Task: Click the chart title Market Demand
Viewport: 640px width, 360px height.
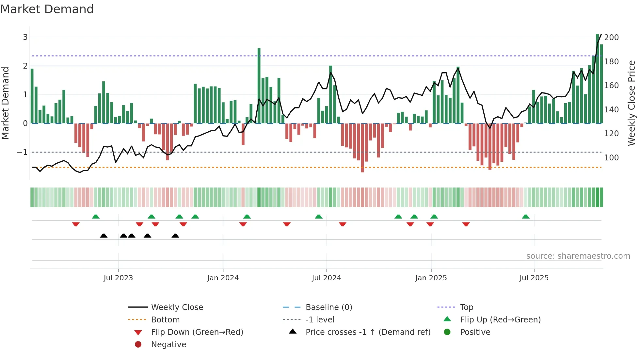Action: [47, 9]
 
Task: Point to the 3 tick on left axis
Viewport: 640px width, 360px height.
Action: [25, 37]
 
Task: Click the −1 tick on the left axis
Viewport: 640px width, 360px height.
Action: [22, 152]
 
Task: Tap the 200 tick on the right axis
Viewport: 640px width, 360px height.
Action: [611, 38]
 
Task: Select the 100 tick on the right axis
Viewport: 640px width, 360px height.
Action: [611, 158]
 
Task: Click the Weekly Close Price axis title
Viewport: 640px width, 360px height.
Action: [632, 103]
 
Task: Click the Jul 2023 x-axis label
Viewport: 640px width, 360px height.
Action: [118, 278]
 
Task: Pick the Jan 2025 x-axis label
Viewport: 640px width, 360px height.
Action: [431, 278]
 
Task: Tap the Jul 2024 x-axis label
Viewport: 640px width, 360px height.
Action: [326, 278]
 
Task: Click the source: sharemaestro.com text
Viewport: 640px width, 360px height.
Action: [578, 256]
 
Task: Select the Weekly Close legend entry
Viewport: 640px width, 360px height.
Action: [177, 307]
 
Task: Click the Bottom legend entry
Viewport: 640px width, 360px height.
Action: [165, 320]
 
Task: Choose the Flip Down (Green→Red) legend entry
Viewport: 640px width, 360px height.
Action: [197, 332]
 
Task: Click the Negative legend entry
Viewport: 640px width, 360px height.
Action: [168, 345]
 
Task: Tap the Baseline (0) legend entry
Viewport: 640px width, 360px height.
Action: [328, 307]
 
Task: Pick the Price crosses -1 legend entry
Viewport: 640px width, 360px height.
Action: [368, 332]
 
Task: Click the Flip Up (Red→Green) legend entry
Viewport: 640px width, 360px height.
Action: [500, 320]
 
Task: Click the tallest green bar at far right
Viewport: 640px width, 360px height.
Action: [597, 78]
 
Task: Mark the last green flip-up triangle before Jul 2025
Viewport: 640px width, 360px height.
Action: [526, 217]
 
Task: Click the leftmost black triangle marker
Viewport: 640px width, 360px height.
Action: [104, 236]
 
